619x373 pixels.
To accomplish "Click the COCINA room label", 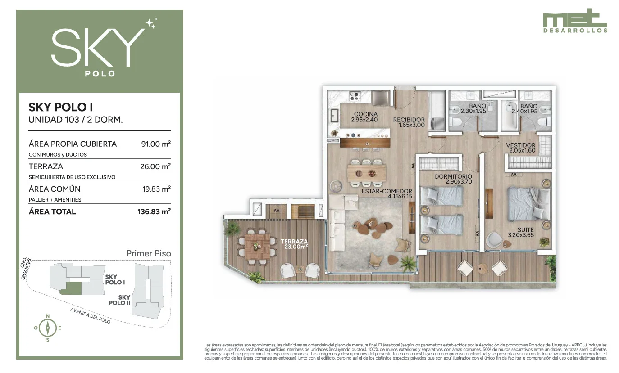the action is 366,114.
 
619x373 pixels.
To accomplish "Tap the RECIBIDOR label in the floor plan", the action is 409,120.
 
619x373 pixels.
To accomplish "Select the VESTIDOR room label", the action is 521,145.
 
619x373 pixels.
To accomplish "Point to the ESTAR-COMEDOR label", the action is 387,191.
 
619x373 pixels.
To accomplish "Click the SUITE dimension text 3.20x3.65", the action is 521,235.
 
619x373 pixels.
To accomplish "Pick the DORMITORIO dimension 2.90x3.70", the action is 459,182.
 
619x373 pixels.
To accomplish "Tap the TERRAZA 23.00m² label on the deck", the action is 294,244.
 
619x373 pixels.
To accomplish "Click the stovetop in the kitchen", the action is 355,96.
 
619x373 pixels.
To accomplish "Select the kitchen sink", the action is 334,116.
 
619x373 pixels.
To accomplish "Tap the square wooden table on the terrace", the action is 258,247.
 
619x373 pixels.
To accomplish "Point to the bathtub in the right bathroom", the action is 509,116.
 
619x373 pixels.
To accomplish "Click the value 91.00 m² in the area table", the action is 156,144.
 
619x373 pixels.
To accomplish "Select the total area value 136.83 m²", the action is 154,211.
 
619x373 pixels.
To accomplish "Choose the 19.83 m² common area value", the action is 156,189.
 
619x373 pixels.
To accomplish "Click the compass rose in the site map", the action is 48,328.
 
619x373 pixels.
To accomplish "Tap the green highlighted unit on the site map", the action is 71,288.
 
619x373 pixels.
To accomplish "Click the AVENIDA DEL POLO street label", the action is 91,315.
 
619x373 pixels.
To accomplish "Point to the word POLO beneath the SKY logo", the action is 100,74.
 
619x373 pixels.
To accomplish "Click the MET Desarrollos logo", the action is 575,21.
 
